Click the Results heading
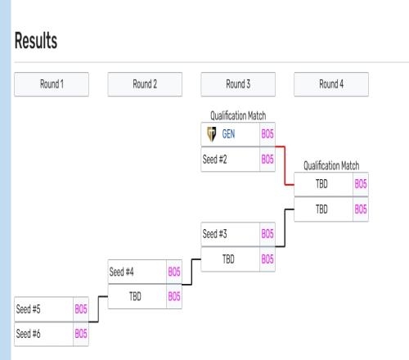pos(36,40)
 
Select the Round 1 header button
pos(52,84)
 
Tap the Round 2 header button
pos(145,84)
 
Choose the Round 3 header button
pos(238,84)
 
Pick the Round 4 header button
pos(331,84)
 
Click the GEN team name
pos(228,134)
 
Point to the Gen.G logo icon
pos(212,134)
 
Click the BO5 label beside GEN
pos(267,134)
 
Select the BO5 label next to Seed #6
pos(81,334)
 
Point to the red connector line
pos(285,166)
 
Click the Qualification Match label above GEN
pos(238,115)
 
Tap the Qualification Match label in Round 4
pos(331,165)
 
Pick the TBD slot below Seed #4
pos(135,296)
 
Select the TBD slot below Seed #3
pos(228,259)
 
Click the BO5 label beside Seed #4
pos(174,272)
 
